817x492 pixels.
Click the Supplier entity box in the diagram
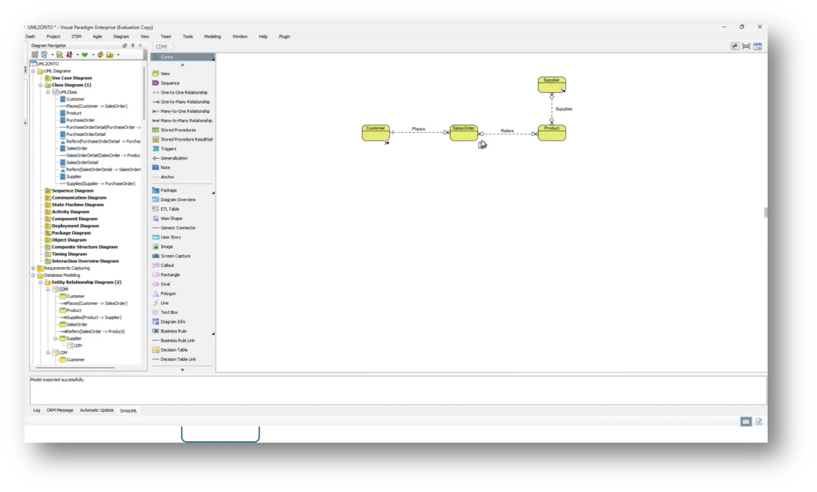point(551,85)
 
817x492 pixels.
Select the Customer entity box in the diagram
point(375,133)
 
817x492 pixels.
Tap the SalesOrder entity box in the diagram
point(463,133)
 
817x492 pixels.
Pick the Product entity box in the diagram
point(551,133)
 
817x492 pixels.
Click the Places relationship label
point(418,129)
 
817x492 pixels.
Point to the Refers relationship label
point(507,131)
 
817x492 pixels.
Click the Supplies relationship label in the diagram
point(563,109)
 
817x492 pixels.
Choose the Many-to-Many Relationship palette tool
point(186,121)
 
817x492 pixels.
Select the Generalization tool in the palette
point(174,158)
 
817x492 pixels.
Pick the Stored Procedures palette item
point(178,130)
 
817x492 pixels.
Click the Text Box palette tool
point(169,312)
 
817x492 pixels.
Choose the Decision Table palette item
point(174,350)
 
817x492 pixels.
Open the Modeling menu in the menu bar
point(212,36)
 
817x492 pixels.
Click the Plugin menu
point(284,36)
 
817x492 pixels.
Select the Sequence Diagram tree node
point(72,191)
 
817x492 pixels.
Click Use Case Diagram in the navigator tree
point(72,78)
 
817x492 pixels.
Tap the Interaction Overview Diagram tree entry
point(85,261)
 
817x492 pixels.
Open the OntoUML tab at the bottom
point(128,410)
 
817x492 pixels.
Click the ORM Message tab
point(60,410)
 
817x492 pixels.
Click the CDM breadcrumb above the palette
point(162,46)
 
